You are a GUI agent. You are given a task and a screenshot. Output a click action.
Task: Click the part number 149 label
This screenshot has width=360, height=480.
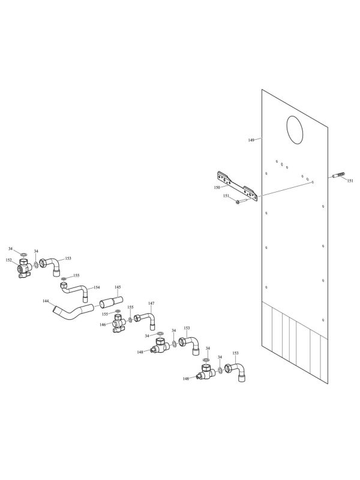(x=251, y=140)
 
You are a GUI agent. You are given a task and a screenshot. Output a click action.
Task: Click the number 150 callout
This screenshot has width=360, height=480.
(x=217, y=188)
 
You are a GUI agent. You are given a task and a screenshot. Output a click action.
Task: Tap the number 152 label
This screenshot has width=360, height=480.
(x=8, y=260)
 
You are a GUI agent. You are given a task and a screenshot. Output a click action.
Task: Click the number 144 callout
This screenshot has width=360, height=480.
(x=46, y=301)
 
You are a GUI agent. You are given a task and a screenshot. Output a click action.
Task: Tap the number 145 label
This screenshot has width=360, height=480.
(x=118, y=287)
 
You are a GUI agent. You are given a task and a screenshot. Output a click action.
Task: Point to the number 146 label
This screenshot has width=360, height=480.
(x=103, y=325)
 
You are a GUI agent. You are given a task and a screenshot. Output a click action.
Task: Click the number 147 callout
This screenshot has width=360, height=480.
(x=151, y=304)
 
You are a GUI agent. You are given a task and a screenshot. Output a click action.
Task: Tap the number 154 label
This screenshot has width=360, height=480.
(x=96, y=287)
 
